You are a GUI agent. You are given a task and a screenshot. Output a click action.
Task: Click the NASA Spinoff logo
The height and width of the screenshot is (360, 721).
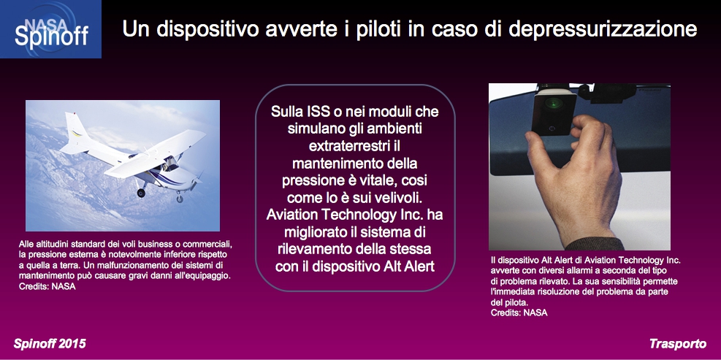pos(50,29)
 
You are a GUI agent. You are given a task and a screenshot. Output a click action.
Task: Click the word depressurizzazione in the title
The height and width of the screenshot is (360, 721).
pos(603,29)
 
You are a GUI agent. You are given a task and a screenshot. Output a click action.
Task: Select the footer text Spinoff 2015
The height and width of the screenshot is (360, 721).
pos(50,343)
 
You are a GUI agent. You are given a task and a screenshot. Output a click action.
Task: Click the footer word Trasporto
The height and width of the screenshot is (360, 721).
pos(678,343)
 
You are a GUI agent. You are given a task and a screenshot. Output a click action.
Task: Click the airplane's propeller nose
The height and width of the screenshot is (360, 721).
pos(197,180)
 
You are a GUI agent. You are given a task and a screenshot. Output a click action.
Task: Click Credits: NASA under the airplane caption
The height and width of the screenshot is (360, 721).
pos(47,286)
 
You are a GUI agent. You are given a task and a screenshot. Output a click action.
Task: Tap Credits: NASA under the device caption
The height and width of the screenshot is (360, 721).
pos(519,313)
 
